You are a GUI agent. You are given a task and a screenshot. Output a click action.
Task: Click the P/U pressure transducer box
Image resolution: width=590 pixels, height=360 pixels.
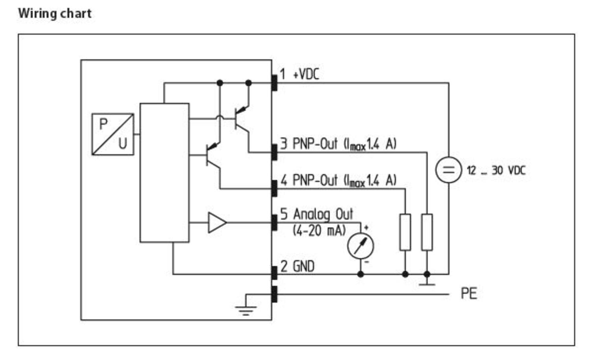[112, 134]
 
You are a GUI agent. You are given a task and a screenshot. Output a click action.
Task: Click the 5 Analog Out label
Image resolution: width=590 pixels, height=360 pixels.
[317, 214]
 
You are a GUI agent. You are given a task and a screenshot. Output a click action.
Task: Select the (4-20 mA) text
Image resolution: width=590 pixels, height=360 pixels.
[319, 230]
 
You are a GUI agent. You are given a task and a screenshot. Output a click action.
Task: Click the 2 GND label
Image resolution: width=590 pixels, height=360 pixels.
[298, 266]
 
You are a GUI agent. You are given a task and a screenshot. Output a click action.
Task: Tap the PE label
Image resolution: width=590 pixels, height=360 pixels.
[468, 294]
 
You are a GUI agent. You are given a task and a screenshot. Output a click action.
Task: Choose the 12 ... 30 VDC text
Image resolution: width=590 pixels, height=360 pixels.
[496, 171]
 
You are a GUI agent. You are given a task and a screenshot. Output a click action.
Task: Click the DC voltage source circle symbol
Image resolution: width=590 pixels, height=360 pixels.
[448, 170]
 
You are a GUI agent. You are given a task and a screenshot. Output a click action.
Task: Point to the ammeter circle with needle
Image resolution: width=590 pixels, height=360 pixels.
[360, 246]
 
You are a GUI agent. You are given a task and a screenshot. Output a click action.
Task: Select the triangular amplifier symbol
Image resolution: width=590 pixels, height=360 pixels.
[217, 223]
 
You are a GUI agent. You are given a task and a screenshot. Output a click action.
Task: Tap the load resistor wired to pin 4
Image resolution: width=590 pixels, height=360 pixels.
[405, 232]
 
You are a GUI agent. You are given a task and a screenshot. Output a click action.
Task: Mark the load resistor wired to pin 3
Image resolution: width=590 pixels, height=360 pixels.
[427, 232]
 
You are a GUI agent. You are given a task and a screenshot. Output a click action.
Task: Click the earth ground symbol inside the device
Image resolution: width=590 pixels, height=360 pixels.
[246, 309]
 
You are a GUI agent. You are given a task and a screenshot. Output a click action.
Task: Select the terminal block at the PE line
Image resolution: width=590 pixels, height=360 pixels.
[275, 294]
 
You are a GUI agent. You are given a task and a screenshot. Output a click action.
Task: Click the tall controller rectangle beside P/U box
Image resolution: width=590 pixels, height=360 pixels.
[164, 173]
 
